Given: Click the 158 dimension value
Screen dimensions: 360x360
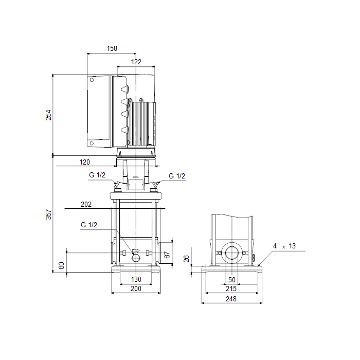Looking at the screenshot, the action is pos(112,48).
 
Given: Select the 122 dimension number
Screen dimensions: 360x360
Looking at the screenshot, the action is pos(136,62).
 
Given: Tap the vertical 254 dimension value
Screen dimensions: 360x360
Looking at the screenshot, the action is pos(48,115).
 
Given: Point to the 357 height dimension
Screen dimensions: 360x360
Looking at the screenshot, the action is pos(48,214).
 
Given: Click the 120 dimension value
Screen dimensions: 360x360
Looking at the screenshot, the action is pos(84,162).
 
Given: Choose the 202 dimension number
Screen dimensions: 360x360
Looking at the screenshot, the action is pos(86,204).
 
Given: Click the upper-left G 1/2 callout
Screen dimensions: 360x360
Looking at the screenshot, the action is pos(97,175).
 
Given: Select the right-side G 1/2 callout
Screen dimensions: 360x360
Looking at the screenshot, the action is pos(177,176).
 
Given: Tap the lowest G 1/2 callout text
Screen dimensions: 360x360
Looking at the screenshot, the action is pos(89,225).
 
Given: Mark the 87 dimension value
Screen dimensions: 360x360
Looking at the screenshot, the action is pos(167,255).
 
